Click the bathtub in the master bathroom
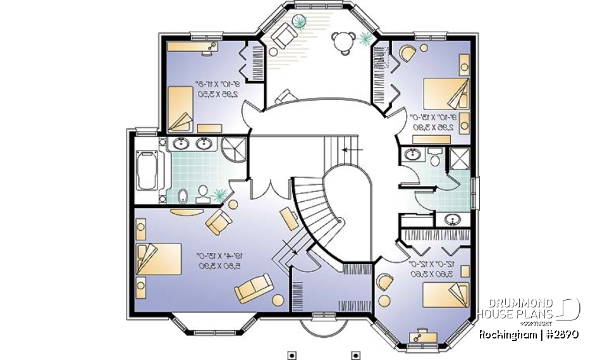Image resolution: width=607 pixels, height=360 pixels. point(147,169)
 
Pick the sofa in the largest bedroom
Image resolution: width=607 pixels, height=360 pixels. point(254,289)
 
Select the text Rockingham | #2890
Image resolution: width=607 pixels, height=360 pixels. point(529,333)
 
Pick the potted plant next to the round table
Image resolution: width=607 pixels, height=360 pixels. point(365,39)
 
